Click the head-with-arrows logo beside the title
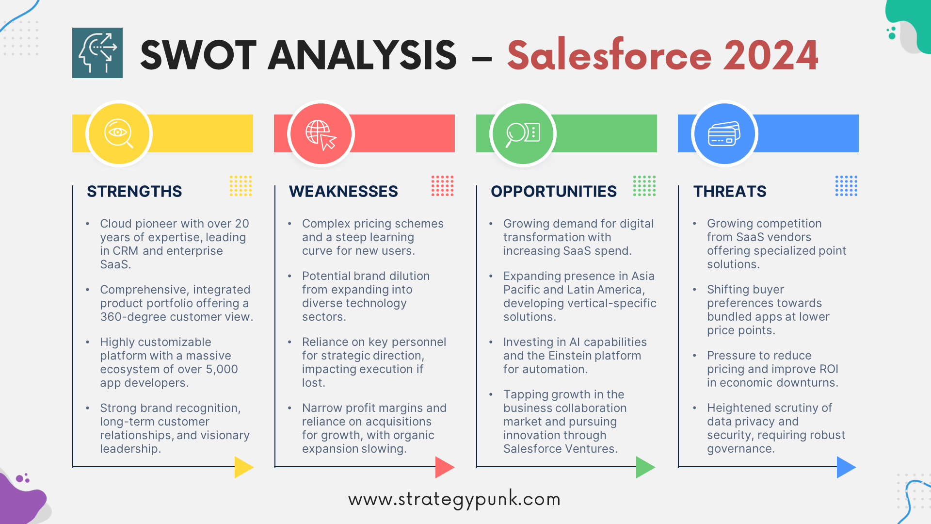pos(97,53)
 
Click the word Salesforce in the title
pos(610,55)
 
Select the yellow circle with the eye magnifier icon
pos(119,133)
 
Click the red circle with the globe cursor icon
pos(321,133)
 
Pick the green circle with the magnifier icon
pos(523,133)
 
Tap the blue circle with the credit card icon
pos(724,133)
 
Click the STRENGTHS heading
pos(134,192)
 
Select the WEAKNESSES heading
pos(343,192)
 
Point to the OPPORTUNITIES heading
pos(554,192)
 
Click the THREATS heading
pos(730,192)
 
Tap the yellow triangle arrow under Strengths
pos(244,467)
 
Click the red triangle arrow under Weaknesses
pos(445,467)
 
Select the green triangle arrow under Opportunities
pos(645,467)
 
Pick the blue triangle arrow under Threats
pos(846,467)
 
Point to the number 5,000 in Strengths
pos(222,369)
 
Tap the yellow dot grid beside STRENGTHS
pos(241,186)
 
